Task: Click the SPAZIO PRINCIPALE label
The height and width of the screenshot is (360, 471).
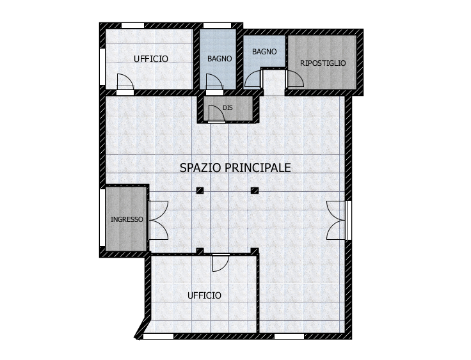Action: coord(235,168)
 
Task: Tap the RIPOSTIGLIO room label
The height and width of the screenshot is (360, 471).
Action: coord(323,63)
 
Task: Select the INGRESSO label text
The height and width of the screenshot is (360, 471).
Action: coord(127,219)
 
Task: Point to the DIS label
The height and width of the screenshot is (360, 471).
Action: coord(228,107)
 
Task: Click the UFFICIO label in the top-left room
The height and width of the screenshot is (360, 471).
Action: coord(151,59)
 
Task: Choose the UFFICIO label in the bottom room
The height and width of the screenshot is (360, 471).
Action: coord(204,296)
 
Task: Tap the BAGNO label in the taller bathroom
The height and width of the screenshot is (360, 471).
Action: coord(220,59)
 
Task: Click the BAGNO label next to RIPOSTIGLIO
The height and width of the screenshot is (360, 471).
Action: coord(264,52)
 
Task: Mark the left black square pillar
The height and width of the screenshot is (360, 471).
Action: coord(200,191)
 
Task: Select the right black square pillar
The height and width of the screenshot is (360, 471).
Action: coord(255,191)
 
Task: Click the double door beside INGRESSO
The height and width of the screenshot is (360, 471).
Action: coord(158,220)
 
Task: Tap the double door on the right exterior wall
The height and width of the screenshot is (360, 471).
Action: coord(337,220)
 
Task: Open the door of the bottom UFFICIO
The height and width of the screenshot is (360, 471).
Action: coord(221,263)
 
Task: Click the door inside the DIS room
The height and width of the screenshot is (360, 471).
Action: coord(216,113)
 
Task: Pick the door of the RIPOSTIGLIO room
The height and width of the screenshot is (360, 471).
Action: coord(295,79)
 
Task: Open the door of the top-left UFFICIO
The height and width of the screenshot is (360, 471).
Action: coord(125,82)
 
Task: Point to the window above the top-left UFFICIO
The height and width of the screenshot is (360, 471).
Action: coord(132,26)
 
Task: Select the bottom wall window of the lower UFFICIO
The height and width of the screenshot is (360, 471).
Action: coord(158,336)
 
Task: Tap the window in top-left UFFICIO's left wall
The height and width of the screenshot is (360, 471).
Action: coord(102,67)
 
